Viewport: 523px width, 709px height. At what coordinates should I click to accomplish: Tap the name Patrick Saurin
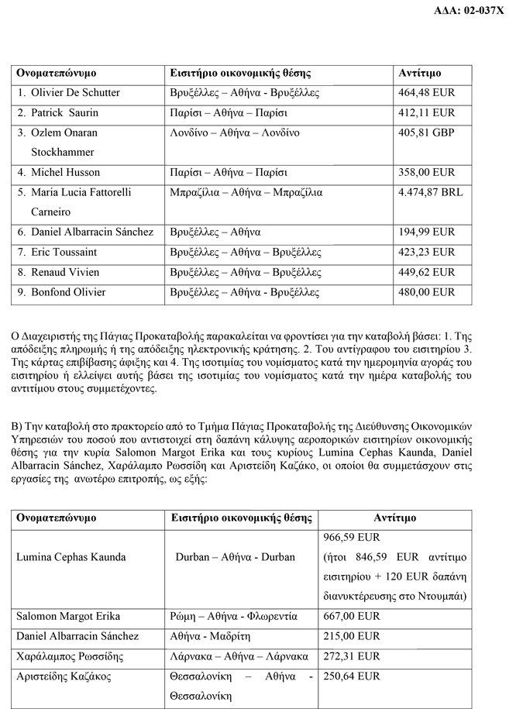65,113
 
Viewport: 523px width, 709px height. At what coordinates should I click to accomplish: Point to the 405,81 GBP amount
427,133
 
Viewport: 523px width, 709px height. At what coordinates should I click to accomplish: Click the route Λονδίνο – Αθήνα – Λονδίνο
235,133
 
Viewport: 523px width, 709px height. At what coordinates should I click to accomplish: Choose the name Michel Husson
66,172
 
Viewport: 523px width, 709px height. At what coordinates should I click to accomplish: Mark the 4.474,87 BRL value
431,192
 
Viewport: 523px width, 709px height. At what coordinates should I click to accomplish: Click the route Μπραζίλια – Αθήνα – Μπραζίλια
246,192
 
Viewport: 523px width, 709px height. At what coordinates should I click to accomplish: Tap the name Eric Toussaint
64,252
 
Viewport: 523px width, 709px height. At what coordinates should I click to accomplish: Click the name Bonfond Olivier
68,292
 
